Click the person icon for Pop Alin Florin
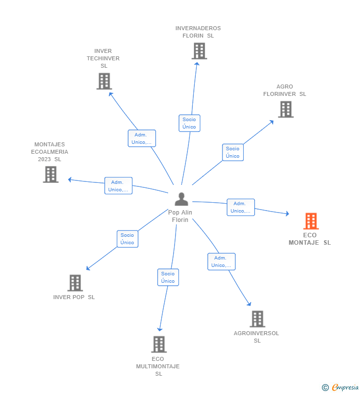[181, 199]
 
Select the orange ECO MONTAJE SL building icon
[311, 221]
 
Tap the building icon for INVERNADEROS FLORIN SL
[199, 51]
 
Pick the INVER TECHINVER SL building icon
[104, 81]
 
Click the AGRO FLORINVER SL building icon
[285, 109]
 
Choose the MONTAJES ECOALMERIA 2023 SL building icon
[50, 175]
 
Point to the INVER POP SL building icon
[75, 283]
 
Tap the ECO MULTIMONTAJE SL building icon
[158, 344]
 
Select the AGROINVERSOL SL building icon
[257, 319]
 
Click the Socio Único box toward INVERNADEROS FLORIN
[189, 123]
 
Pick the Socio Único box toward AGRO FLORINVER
[232, 152]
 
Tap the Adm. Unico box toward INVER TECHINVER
[142, 138]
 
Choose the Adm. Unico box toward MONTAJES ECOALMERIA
[118, 186]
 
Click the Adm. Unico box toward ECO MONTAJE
[240, 207]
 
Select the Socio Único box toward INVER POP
[127, 239]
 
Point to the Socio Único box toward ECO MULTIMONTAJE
[168, 277]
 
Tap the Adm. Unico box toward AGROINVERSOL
[221, 262]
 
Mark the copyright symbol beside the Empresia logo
[325, 388]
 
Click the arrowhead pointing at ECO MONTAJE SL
[287, 214]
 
